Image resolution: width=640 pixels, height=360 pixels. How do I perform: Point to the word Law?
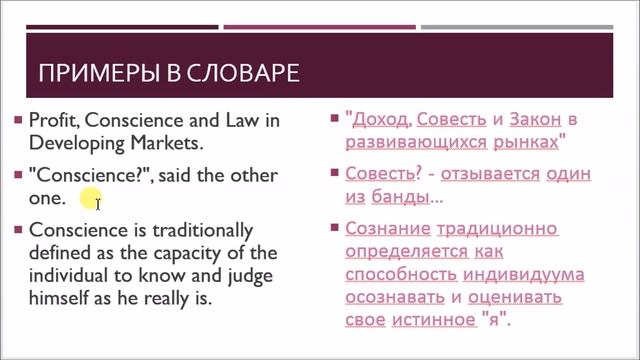[236, 120]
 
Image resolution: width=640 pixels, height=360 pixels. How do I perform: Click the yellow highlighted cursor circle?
[91, 199]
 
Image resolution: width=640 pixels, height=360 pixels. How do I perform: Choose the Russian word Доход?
[378, 120]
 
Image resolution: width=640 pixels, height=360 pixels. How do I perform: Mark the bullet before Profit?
[18, 120]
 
